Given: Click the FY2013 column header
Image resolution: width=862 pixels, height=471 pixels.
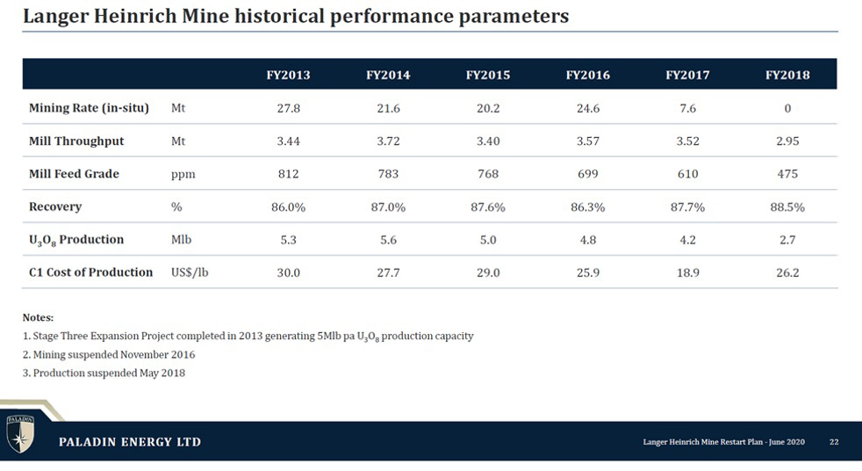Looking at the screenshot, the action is click(x=288, y=75).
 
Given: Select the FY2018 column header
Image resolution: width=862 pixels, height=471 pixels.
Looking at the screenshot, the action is click(x=787, y=75).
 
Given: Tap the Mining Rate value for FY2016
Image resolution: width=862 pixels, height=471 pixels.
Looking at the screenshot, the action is click(x=587, y=108).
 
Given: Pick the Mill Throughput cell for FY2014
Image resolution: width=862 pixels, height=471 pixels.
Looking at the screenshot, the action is click(x=388, y=141).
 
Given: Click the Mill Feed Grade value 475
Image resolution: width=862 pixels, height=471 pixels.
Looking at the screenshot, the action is click(x=787, y=174).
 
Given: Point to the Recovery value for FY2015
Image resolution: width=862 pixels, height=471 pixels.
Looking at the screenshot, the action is click(x=488, y=207).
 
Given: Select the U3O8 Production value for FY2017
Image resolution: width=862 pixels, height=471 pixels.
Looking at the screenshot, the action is click(x=687, y=240).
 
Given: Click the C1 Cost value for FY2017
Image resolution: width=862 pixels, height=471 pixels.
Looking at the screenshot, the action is click(x=687, y=273).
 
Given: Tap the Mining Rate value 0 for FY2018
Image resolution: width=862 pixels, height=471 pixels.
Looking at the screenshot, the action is click(x=787, y=108).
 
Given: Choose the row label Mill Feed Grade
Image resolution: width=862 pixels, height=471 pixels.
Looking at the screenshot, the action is click(x=74, y=174).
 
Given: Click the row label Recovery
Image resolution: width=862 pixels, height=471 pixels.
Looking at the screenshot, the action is click(x=55, y=207).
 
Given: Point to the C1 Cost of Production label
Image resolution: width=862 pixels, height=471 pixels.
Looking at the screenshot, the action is click(x=90, y=272).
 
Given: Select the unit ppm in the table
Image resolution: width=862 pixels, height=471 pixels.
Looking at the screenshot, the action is click(x=183, y=175).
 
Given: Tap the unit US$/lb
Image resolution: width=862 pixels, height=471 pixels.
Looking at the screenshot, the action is click(x=190, y=272).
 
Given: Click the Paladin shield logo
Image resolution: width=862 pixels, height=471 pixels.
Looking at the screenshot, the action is click(x=20, y=433).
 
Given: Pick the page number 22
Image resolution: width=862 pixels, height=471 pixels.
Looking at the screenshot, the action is click(x=834, y=442).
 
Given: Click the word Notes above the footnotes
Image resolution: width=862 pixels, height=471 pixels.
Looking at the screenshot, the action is click(x=38, y=317).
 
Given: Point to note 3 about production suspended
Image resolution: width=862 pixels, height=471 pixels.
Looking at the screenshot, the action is click(x=104, y=373).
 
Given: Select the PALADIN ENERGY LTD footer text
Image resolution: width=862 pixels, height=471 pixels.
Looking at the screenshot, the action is click(x=130, y=442).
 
